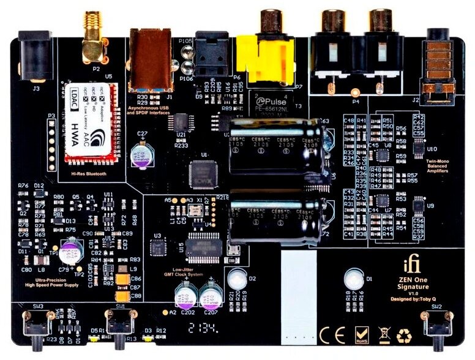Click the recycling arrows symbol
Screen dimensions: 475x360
pyautogui.click(x=404, y=335)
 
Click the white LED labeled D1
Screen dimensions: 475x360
pyautogui.click(x=354, y=280)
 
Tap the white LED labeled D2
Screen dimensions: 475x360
pyautogui.click(x=238, y=280)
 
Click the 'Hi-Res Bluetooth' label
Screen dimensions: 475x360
pyautogui.click(x=89, y=174)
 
